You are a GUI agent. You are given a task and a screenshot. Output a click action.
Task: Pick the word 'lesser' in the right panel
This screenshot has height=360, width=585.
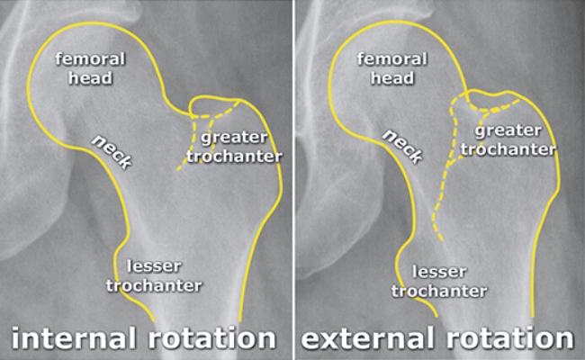pyautogui.click(x=440, y=270)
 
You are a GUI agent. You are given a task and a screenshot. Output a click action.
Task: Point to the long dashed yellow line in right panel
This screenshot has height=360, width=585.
pyautogui.click(x=444, y=180)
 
